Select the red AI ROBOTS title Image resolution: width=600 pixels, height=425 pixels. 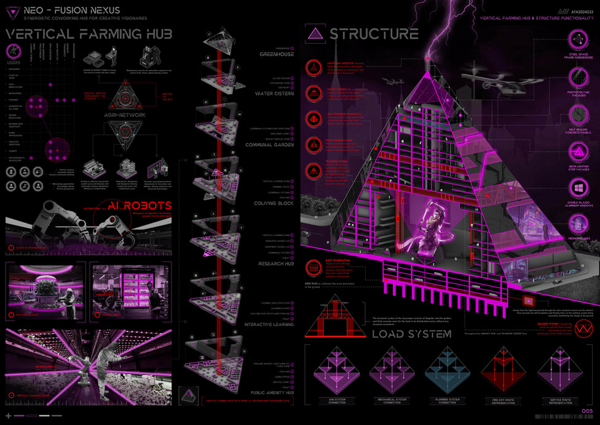point(141,206)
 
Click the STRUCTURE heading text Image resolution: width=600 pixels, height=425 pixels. point(374,33)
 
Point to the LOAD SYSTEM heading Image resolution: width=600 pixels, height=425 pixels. point(411,334)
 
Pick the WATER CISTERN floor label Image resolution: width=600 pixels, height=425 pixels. point(274,94)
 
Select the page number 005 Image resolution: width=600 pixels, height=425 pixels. point(587,411)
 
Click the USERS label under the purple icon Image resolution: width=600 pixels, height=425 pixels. point(14,62)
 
